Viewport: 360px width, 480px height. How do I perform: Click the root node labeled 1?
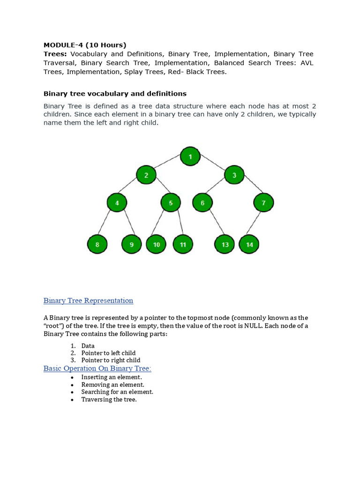click(x=190, y=157)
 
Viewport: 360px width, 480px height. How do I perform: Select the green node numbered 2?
click(x=146, y=175)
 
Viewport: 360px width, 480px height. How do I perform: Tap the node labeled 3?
click(x=234, y=175)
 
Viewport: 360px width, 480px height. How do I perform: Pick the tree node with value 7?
click(x=263, y=203)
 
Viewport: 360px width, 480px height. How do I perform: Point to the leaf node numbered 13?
click(x=225, y=244)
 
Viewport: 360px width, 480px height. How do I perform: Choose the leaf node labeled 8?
click(x=97, y=244)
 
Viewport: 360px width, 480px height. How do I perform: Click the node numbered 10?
click(x=156, y=244)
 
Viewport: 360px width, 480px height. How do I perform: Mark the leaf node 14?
click(x=249, y=244)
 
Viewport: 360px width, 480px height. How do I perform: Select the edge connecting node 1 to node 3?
click(x=212, y=166)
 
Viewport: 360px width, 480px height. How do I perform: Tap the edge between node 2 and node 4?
click(x=132, y=189)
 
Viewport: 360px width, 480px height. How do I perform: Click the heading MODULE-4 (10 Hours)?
click(x=85, y=45)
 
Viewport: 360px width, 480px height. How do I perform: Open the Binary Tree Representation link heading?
click(x=88, y=300)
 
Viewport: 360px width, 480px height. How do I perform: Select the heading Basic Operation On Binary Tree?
click(x=97, y=368)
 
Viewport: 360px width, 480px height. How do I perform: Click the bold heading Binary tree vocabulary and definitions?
click(x=115, y=93)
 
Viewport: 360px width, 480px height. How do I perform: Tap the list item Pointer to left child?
click(x=108, y=353)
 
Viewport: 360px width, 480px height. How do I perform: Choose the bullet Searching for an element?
click(x=117, y=392)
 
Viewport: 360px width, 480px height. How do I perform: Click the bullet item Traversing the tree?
click(x=109, y=399)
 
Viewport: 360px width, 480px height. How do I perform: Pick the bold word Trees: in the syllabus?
click(x=55, y=54)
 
